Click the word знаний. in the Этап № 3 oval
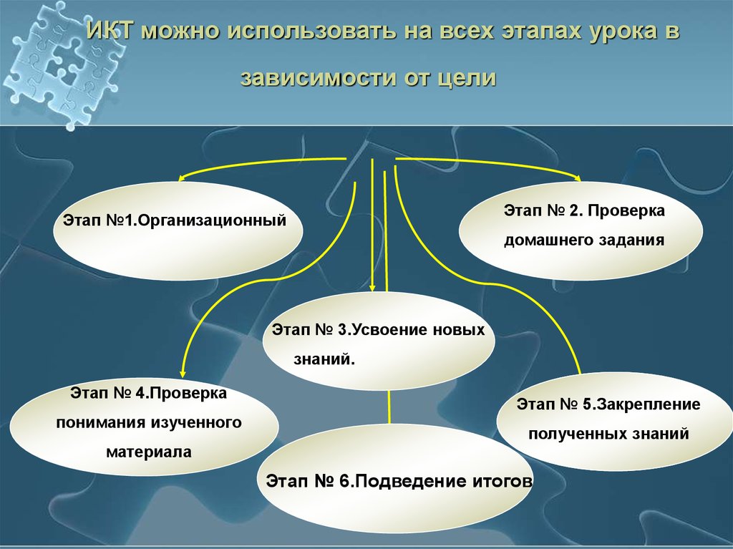coord(324,356)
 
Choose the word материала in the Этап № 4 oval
coord(149,452)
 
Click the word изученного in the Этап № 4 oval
coord(195,422)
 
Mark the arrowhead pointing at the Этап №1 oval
coord(182,180)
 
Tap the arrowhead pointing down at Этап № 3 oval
coord(372,287)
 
